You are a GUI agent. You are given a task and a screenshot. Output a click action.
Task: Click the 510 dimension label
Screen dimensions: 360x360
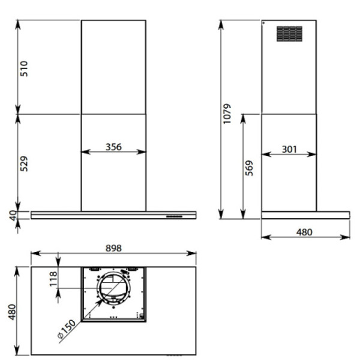coord(24,68)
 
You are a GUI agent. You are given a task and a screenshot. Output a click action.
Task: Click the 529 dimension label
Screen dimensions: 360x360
coord(24,164)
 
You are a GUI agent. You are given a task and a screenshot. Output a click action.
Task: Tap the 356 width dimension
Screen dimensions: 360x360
coord(113,147)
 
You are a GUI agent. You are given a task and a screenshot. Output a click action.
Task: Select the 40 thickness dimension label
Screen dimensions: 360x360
coord(13,215)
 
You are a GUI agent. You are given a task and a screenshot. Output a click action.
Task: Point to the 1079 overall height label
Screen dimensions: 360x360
coord(227,113)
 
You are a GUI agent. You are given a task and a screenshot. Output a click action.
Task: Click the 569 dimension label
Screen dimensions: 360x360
coord(249,168)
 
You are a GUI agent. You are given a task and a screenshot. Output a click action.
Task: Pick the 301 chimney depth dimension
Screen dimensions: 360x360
coord(289,149)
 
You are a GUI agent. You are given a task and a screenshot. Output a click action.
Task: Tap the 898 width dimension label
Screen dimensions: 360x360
coord(113,248)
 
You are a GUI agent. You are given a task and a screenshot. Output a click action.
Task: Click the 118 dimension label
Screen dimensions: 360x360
coord(53,279)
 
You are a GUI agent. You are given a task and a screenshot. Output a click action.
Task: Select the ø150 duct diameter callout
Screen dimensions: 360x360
coord(67,329)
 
